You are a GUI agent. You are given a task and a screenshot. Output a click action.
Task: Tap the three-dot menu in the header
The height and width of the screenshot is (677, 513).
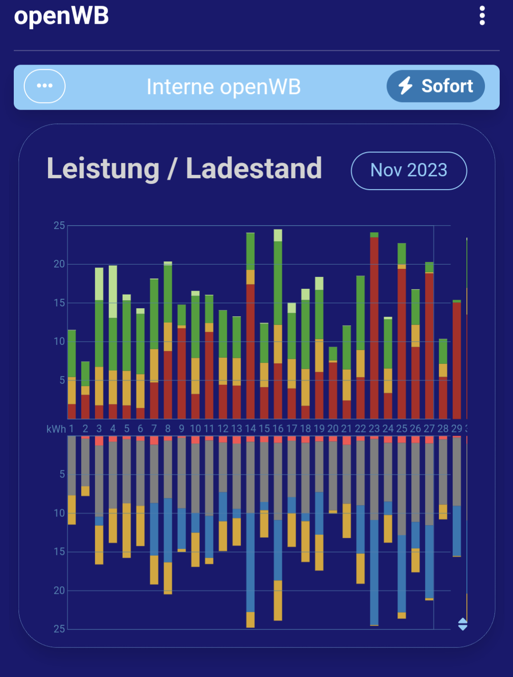482,16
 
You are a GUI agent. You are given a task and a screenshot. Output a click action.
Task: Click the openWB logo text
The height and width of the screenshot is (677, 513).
61,16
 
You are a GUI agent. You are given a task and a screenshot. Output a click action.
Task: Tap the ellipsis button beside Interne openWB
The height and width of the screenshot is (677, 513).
45,86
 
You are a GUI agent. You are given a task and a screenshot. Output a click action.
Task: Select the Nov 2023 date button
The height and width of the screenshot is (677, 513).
409,171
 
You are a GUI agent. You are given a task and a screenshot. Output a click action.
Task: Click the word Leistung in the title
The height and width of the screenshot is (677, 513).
103,169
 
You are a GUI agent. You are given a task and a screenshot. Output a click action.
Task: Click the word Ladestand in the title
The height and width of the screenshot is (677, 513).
254,169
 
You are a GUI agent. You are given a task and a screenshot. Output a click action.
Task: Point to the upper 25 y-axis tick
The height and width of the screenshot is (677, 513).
59,226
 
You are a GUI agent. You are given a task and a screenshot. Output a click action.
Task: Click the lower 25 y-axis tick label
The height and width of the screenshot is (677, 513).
59,629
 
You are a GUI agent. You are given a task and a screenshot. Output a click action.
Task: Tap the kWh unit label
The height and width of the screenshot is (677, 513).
56,429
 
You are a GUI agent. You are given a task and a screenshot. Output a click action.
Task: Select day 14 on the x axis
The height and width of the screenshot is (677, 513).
250,429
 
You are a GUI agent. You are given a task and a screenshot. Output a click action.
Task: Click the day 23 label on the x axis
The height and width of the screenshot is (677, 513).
374,429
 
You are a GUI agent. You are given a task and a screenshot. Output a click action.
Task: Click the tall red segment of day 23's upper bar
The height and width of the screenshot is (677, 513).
374,328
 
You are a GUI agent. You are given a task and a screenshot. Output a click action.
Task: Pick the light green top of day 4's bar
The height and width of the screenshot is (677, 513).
113,291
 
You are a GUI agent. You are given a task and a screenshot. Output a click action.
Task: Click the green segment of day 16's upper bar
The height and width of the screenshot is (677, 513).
278,283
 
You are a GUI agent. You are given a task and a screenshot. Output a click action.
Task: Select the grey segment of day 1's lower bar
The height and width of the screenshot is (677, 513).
72,466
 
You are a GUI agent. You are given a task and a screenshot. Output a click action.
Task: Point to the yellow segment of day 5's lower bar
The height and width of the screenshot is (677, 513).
126,530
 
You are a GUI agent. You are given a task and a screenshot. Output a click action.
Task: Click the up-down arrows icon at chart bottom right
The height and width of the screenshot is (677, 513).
463,624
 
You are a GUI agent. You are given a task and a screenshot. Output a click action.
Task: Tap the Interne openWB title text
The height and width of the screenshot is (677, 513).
223,87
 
